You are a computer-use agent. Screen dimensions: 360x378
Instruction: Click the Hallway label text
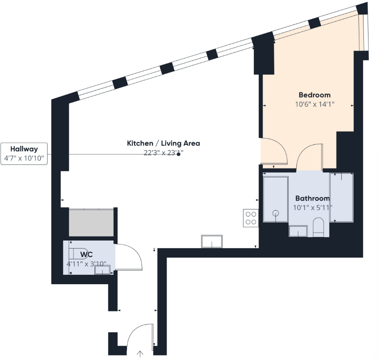pyautogui.click(x=24, y=149)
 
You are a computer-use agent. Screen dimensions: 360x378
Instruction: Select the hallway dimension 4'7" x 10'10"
pyautogui.click(x=24, y=158)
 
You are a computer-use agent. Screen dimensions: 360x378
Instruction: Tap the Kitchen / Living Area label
pyautogui.click(x=163, y=143)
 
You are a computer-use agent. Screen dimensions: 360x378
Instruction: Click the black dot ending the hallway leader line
pyautogui.click(x=179, y=154)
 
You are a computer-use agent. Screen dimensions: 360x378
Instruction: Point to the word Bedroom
pyautogui.click(x=314, y=95)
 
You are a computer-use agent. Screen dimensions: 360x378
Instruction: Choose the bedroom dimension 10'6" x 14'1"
pyautogui.click(x=315, y=104)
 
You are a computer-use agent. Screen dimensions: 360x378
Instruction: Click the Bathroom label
pyautogui.click(x=312, y=199)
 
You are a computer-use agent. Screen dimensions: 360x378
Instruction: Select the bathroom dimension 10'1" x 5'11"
pyautogui.click(x=313, y=207)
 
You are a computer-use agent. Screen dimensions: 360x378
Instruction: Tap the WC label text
pyautogui.click(x=86, y=254)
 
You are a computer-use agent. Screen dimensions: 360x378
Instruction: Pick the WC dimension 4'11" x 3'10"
pyautogui.click(x=86, y=264)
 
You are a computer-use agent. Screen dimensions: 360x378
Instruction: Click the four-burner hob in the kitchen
pyautogui.click(x=251, y=218)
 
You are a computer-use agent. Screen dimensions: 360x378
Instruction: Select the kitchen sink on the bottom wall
pyautogui.click(x=212, y=241)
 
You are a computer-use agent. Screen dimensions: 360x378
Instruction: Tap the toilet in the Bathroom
pyautogui.click(x=318, y=227)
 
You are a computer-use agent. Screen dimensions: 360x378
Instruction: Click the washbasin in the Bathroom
pyautogui.click(x=298, y=231)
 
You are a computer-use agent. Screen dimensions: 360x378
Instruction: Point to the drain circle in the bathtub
pyautogui.click(x=275, y=214)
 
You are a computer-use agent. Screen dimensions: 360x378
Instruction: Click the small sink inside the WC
pyautogui.click(x=102, y=271)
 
